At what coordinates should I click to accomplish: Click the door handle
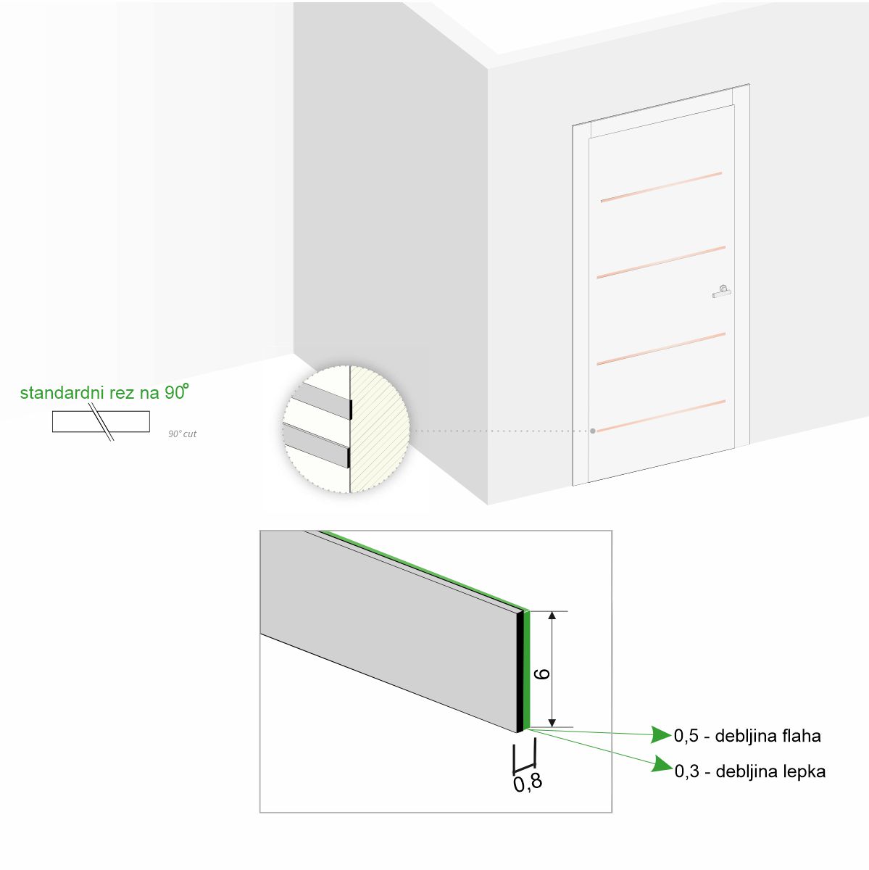pos(722,291)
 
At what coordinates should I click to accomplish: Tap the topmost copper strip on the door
pos(661,187)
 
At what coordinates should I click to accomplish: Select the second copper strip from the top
pos(661,262)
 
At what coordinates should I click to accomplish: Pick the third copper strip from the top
pos(661,349)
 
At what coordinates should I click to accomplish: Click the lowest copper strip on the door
pos(661,416)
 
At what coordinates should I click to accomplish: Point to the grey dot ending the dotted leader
pos(593,431)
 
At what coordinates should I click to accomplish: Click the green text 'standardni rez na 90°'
pos(104,392)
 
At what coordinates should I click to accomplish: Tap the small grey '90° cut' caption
pos(183,434)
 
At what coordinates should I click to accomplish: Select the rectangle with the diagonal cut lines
pos(101,421)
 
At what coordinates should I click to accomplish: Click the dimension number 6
pos(542,674)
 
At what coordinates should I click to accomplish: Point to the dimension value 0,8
pos(527,783)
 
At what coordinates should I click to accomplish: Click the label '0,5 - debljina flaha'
pos(747,736)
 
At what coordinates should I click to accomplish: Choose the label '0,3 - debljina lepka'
pos(750,771)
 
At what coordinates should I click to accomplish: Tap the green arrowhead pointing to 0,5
pos(660,734)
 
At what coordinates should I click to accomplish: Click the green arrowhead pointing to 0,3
pos(662,765)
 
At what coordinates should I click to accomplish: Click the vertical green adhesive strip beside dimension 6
pos(526,669)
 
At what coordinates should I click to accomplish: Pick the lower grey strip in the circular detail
pos(317,444)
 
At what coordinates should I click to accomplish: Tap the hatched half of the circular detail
pos(378,429)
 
